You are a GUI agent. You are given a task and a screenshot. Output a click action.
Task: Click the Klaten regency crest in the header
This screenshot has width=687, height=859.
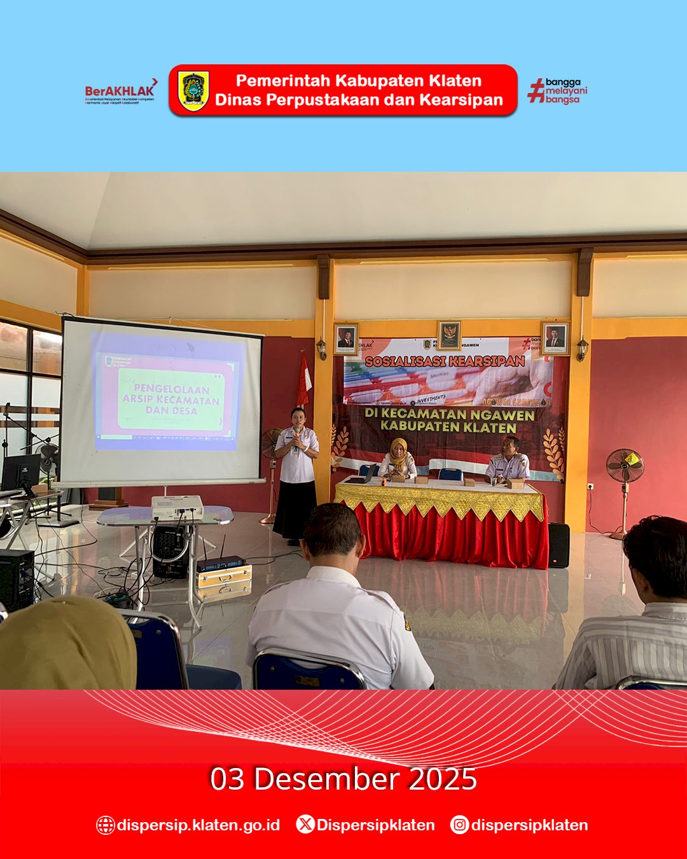(x=193, y=90)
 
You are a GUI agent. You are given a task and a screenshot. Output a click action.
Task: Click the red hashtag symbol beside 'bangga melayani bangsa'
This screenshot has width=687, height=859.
(x=536, y=90)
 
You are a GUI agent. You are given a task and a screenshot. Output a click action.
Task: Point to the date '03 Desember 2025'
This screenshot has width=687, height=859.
(x=343, y=779)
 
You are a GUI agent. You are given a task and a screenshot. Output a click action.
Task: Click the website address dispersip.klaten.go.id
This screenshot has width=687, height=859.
(x=198, y=825)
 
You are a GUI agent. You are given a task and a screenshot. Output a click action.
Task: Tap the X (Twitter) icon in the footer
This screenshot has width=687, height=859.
(x=305, y=825)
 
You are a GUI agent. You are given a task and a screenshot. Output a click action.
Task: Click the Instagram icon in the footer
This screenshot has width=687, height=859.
(x=459, y=825)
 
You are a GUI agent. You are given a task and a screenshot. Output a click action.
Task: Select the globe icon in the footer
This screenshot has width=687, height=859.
(x=105, y=825)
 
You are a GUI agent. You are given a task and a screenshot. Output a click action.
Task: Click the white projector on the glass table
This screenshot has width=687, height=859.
(x=177, y=507)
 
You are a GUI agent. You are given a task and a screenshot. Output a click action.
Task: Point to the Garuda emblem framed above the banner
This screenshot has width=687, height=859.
(x=449, y=335)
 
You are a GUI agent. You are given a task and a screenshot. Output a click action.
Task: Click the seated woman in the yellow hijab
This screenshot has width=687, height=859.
(x=399, y=459)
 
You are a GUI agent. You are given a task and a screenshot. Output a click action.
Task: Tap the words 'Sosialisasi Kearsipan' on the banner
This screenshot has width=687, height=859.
(x=445, y=361)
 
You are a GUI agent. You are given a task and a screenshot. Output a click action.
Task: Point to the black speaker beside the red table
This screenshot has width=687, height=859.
(x=559, y=545)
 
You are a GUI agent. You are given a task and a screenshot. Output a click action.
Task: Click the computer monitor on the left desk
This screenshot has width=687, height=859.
(x=20, y=471)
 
